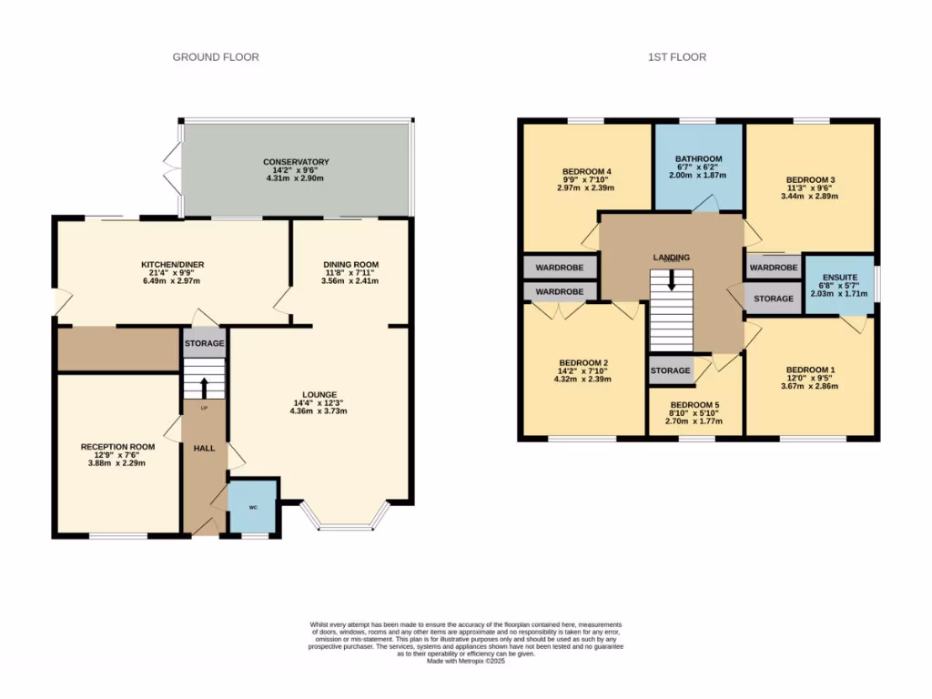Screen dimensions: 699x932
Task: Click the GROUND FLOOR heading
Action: point(216,56)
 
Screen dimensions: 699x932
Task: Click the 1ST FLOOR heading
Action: point(676,56)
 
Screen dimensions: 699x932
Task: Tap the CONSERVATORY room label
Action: point(296,162)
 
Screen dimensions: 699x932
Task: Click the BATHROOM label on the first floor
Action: point(698,159)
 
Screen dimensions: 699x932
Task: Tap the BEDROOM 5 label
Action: point(694,405)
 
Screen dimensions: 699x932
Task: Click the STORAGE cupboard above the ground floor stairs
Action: point(204,343)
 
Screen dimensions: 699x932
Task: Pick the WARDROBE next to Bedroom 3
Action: point(774,268)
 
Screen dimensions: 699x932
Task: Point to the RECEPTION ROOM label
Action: point(117,447)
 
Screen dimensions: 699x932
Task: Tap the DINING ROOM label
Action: point(350,265)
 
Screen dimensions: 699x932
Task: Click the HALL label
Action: point(204,449)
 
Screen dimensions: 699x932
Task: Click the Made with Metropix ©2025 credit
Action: point(465,662)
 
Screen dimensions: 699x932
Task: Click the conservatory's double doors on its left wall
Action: point(173,167)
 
